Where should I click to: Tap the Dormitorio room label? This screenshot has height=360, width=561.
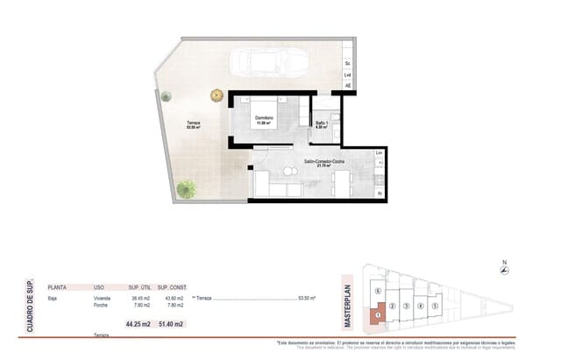(264, 118)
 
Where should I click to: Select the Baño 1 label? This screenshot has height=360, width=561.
(323, 124)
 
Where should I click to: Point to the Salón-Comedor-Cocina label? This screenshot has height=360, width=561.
(323, 163)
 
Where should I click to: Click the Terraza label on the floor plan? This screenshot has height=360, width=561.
(193, 123)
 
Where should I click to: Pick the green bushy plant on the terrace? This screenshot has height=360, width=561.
(186, 187)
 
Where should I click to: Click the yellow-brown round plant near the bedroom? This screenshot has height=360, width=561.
(216, 95)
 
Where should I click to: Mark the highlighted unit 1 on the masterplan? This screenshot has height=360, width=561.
(378, 311)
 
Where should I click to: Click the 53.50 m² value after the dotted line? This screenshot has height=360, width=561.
(308, 298)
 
